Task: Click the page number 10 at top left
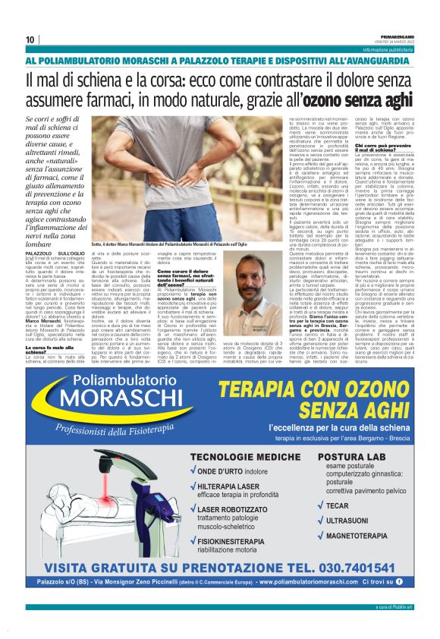30,39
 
